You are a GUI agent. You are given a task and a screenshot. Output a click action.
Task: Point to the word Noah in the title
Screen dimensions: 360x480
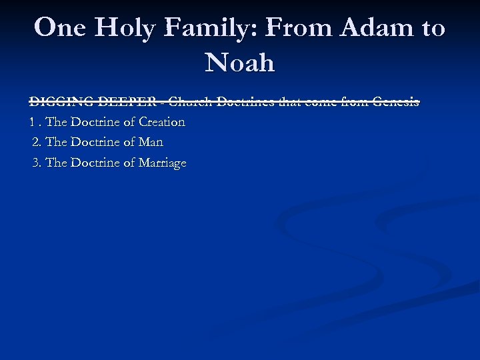click(240, 63)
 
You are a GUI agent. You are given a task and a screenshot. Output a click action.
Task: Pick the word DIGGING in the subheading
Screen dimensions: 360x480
click(61, 102)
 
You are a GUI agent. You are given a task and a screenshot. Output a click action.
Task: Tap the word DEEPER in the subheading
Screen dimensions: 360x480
click(126, 102)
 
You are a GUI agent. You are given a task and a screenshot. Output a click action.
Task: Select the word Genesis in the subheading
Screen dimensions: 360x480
click(395, 102)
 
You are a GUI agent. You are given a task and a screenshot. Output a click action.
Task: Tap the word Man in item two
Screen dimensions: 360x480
click(151, 142)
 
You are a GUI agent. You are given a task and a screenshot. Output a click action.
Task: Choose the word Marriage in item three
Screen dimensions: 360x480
click(162, 163)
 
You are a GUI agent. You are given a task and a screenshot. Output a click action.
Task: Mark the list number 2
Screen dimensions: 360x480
click(36, 142)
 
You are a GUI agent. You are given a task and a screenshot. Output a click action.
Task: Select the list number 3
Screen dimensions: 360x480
click(36, 163)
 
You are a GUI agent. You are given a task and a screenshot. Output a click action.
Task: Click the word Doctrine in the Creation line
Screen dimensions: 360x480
click(96, 122)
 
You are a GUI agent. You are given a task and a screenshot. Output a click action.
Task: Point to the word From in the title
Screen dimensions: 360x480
click(298, 28)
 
